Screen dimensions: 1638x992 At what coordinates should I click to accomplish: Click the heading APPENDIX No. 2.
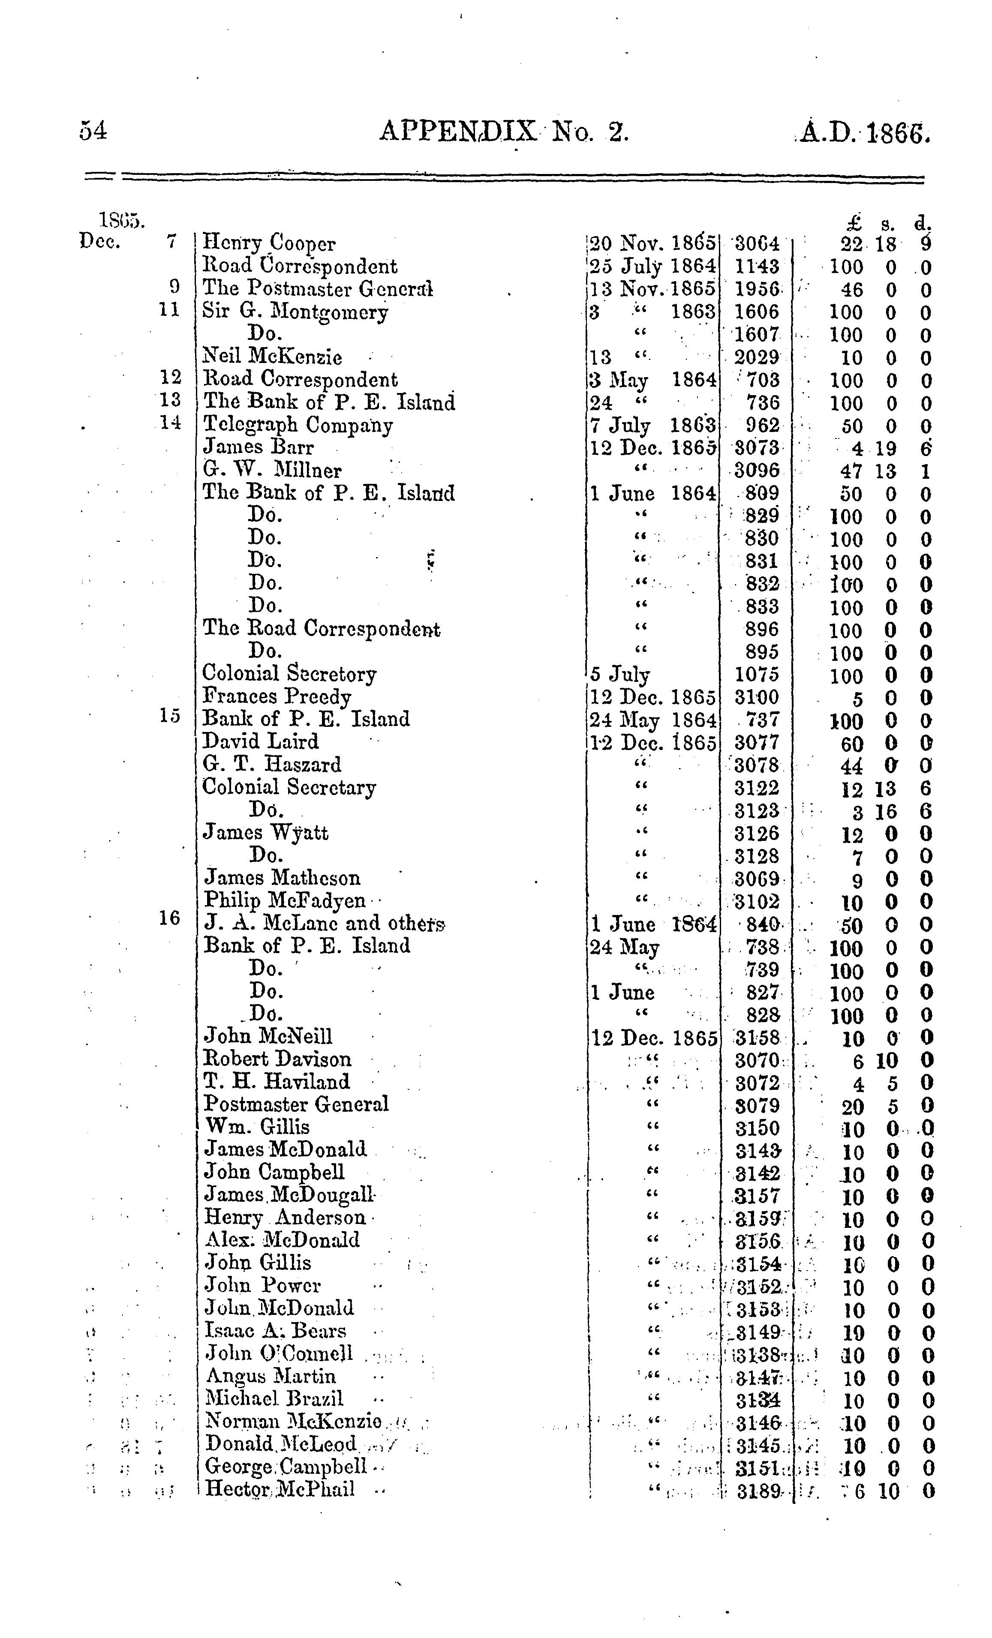(503, 132)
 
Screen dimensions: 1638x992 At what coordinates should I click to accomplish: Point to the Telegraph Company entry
(297, 426)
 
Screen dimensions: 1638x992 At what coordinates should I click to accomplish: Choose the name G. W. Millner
(272, 471)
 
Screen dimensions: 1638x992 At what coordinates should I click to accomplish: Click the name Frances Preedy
(277, 697)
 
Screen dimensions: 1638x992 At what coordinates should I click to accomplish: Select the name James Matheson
(282, 878)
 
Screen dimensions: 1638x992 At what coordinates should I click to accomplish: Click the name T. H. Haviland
(277, 1082)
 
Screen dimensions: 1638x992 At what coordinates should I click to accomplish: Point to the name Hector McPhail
(279, 1489)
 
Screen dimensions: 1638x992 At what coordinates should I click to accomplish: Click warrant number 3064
(755, 244)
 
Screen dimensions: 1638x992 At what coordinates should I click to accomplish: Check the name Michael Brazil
(274, 1399)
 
